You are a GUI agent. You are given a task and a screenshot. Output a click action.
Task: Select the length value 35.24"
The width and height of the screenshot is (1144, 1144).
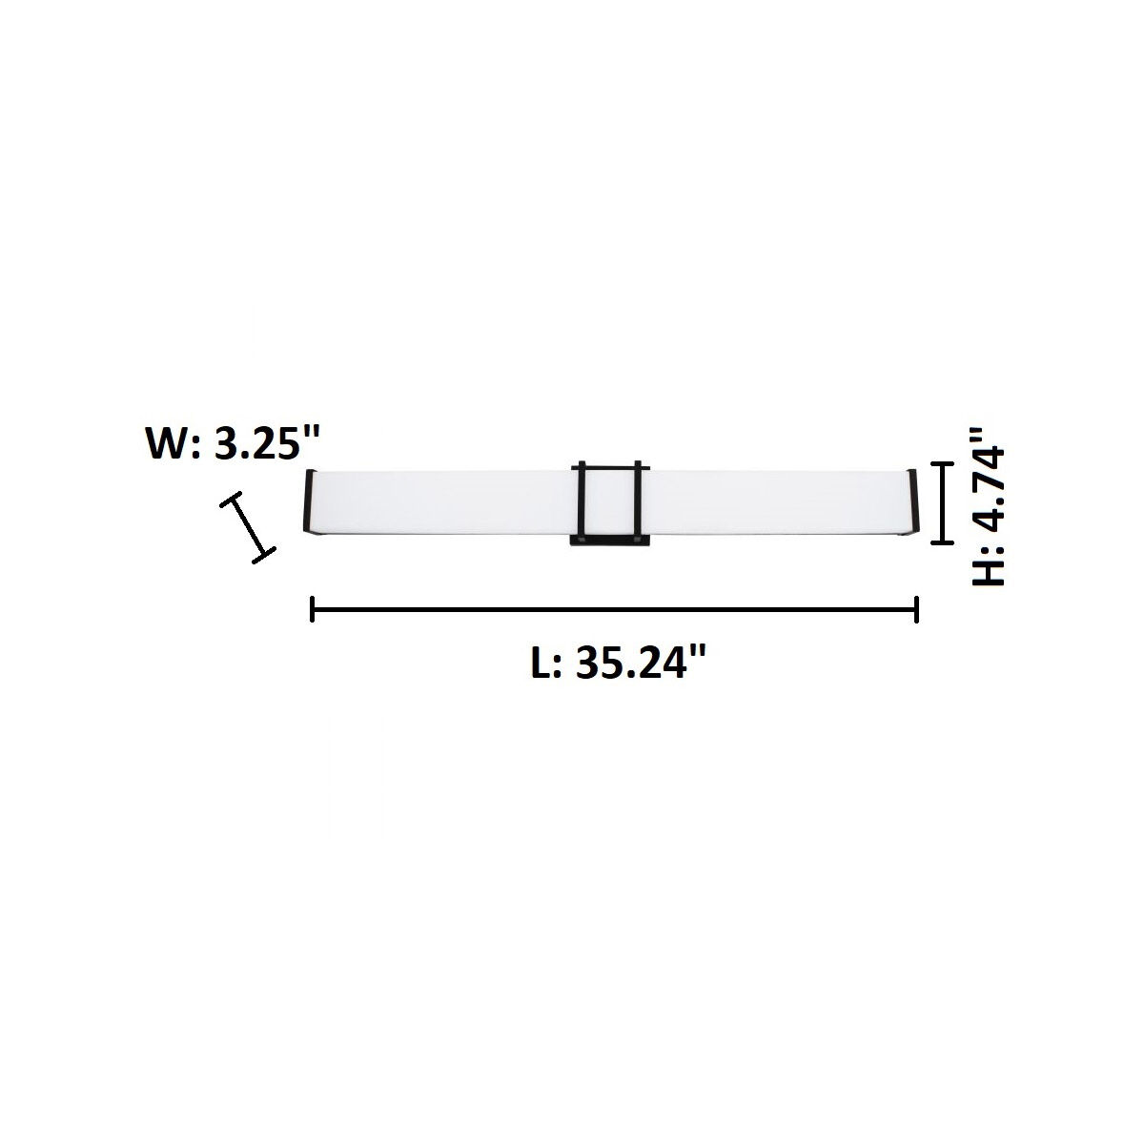coord(644,664)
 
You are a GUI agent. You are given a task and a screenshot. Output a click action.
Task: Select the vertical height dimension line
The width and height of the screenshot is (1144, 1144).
coord(942,502)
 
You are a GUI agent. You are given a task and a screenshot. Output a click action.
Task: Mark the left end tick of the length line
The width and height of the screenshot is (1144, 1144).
coord(313,608)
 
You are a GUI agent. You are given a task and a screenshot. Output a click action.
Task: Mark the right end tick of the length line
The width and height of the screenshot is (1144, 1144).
coord(916,608)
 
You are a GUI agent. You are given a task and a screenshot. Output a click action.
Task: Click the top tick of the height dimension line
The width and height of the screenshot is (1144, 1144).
coord(942,463)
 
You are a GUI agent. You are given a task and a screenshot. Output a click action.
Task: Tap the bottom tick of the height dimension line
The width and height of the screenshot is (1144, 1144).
coord(942,541)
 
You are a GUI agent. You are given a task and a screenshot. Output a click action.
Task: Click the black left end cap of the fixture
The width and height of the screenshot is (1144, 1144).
coord(310,505)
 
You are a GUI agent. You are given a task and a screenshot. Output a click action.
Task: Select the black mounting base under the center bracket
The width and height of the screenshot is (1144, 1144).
coord(609,541)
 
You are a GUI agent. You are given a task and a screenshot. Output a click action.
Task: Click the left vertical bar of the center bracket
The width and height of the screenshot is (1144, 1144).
coord(579,500)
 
